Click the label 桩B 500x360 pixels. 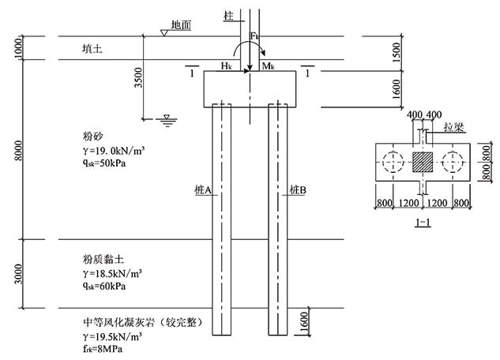pyautogui.click(x=298, y=190)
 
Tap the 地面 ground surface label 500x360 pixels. pyautogui.click(x=181, y=25)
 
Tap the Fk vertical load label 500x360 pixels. pyautogui.click(x=255, y=36)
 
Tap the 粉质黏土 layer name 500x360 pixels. pyautogui.click(x=92, y=259)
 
